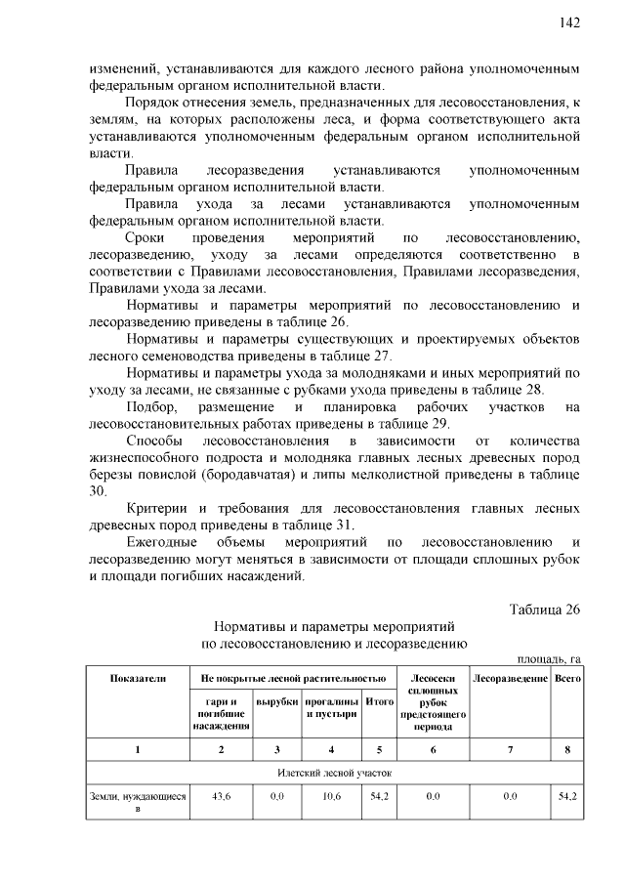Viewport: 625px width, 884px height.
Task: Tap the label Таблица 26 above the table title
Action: [545, 610]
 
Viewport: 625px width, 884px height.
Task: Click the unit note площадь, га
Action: [548, 659]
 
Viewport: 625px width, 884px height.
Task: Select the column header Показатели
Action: [138, 678]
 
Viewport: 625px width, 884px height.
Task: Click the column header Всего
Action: [567, 678]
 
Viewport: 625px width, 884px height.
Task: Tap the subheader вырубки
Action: [275, 702]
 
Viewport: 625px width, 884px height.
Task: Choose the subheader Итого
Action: [379, 702]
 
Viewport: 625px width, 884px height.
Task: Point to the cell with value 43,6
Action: [222, 797]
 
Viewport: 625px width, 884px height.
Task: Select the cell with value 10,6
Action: [332, 797]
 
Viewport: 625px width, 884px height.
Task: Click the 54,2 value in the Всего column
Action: [567, 797]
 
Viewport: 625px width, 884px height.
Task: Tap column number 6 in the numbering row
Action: [433, 749]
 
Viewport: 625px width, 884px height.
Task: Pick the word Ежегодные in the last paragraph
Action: [162, 542]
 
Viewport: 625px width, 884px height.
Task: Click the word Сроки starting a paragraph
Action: [146, 238]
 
